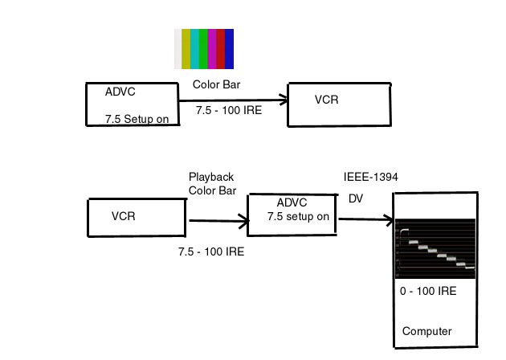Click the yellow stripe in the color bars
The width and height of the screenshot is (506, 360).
tap(186, 48)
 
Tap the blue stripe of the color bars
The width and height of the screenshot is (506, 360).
tap(229, 48)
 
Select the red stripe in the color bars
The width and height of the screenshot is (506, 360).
tap(221, 48)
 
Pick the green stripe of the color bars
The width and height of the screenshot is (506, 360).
tap(204, 48)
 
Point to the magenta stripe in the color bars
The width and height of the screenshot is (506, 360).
tap(212, 48)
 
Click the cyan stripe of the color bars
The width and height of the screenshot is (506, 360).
tap(195, 48)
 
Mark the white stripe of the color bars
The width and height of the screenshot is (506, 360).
tap(178, 48)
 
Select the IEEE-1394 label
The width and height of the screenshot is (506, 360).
tap(371, 177)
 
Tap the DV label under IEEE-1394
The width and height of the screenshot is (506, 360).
tap(356, 198)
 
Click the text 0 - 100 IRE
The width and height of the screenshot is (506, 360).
tap(428, 291)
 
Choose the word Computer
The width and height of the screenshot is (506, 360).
tap(426, 331)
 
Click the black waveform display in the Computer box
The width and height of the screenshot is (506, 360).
tap(436, 247)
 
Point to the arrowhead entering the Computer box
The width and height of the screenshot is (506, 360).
tap(391, 219)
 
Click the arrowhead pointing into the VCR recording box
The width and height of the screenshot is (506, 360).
tap(284, 100)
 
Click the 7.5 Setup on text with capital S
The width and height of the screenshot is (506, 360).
tap(137, 119)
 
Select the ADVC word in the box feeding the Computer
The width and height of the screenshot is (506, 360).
tap(292, 203)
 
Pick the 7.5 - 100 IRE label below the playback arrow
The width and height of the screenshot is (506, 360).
tap(211, 252)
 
